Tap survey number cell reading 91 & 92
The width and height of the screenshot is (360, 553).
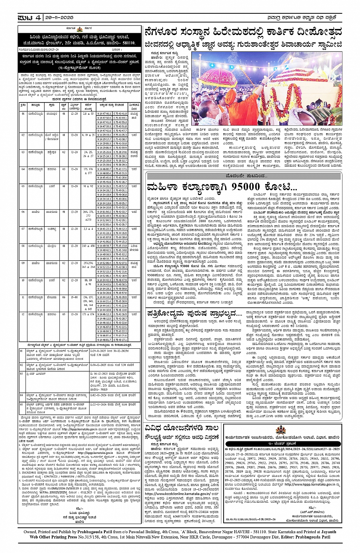88,186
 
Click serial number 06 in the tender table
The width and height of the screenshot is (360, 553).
23,212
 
